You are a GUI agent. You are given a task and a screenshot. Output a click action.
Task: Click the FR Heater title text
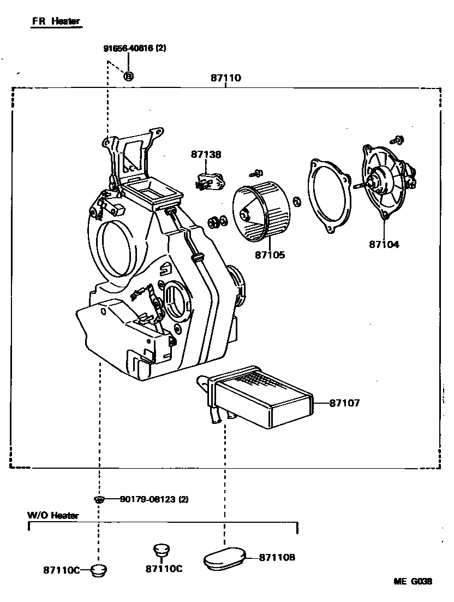tap(56, 21)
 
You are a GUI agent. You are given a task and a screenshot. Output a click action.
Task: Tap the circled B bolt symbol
tap(128, 76)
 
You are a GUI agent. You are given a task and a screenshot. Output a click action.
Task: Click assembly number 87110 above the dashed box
tap(225, 79)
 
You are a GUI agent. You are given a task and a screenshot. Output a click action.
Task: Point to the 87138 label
tap(206, 155)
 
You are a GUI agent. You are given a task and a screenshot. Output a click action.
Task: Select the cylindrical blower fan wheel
tap(260, 213)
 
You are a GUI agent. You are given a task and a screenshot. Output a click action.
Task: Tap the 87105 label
tap(270, 255)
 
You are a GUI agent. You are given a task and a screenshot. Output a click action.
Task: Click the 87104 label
tap(384, 244)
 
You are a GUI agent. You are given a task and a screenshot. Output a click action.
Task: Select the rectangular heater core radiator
tap(262, 396)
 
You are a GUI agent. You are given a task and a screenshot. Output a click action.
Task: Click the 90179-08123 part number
tap(147, 499)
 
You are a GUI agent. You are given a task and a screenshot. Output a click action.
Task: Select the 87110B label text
tap(277, 557)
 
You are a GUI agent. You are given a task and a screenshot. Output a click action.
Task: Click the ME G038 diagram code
tap(413, 581)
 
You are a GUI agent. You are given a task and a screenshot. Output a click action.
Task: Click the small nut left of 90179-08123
tap(98, 499)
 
